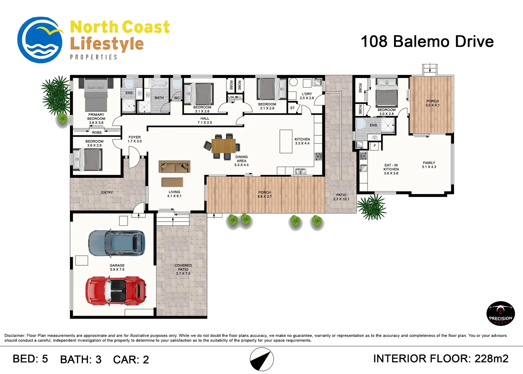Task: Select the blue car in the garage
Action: tap(116, 243)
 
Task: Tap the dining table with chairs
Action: tap(223, 146)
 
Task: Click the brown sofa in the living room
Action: tap(174, 167)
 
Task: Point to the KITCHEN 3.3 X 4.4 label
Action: tap(302, 141)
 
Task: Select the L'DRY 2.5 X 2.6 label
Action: tap(307, 96)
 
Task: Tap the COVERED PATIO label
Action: tap(183, 269)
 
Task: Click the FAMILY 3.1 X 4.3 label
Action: tap(429, 165)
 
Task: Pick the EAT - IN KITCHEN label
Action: tap(391, 169)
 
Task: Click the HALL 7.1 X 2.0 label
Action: tap(205, 121)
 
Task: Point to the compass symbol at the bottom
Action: tap(262, 359)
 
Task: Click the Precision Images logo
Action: tap(500, 313)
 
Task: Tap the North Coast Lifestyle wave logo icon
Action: tap(40, 40)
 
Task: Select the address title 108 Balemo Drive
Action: tap(427, 42)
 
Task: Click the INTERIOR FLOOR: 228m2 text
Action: tap(440, 358)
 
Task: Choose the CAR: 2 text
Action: tap(131, 359)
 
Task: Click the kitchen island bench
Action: tap(286, 141)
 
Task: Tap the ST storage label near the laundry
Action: tap(292, 108)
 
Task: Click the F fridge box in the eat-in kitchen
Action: tap(375, 146)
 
